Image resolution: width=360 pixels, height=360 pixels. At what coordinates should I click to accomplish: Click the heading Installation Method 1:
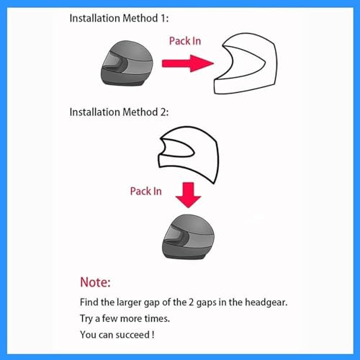tap(119, 18)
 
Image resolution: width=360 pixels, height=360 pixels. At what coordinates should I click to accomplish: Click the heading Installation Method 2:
tap(119, 112)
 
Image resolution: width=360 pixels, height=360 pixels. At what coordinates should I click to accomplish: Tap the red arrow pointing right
tap(188, 63)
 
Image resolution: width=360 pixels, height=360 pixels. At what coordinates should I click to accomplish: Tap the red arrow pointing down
tap(188, 195)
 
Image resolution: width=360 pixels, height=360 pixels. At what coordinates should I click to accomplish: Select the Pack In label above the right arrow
tap(185, 41)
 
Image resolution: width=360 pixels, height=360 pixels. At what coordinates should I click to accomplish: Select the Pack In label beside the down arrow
tap(146, 192)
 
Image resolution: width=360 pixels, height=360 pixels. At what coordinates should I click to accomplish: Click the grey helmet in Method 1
tap(127, 63)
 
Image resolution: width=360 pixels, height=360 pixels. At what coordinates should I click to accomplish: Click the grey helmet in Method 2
tap(188, 237)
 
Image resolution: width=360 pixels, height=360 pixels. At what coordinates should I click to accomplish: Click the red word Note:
tap(95, 282)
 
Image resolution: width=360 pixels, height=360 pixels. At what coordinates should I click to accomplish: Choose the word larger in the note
tap(129, 303)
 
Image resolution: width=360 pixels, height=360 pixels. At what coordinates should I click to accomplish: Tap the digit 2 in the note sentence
tap(191, 302)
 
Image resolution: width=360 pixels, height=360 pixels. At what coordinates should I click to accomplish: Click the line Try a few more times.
tap(125, 319)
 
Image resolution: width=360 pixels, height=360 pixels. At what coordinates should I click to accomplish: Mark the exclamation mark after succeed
tap(153, 335)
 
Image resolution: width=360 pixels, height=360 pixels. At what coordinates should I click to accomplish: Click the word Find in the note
tap(89, 302)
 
